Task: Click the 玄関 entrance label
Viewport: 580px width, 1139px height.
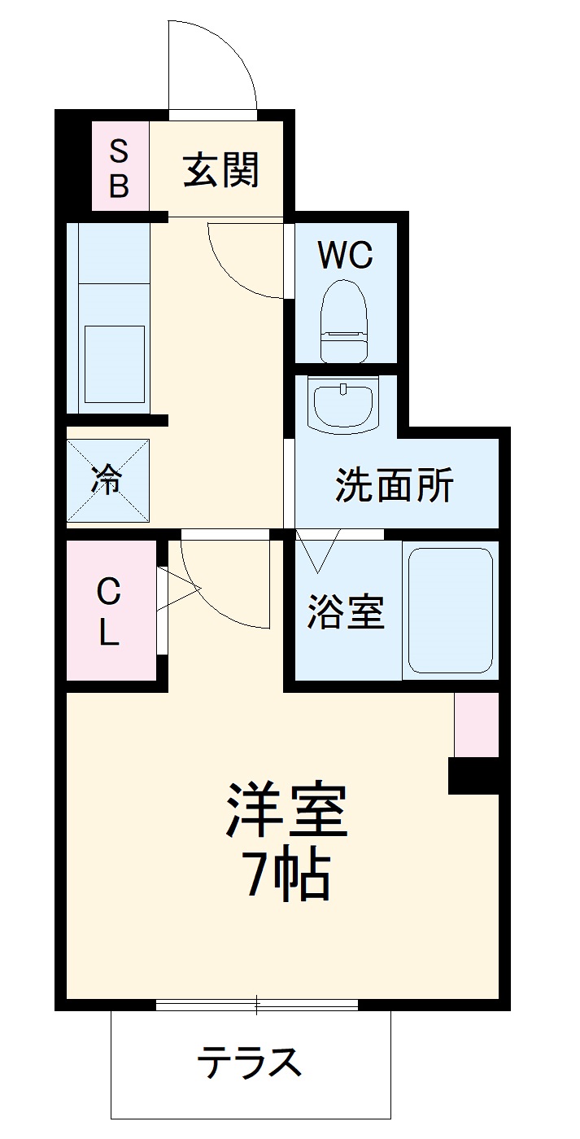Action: (x=220, y=170)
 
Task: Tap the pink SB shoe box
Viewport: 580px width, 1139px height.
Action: (x=120, y=168)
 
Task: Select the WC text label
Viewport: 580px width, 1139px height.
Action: (x=345, y=256)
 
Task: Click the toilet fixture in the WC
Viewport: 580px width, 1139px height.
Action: (x=344, y=322)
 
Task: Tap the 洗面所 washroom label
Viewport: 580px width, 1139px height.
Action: (x=395, y=486)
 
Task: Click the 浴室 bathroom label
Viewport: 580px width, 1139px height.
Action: (x=345, y=612)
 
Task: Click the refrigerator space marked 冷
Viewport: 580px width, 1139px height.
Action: (x=108, y=480)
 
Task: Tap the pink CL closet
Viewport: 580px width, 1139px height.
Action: (x=109, y=611)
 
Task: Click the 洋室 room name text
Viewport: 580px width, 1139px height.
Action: (x=287, y=810)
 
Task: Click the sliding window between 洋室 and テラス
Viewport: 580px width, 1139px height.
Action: (x=256, y=1005)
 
